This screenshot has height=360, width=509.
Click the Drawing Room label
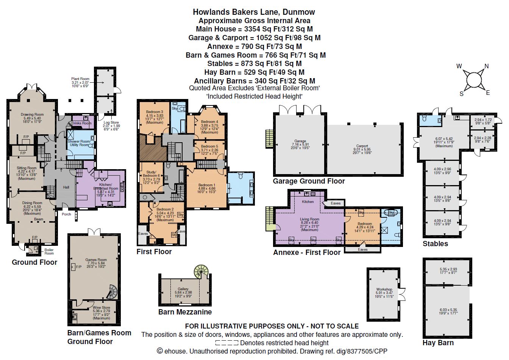[x=32, y=114]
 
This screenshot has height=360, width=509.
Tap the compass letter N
[x=487, y=66]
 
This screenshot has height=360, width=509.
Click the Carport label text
[x=362, y=146]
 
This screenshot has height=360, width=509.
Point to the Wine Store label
[x=101, y=308]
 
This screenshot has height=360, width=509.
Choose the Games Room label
[x=96, y=260]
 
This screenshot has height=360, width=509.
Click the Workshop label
[x=384, y=289]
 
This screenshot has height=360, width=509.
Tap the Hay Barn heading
[x=438, y=343]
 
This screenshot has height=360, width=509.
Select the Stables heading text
[x=435, y=244]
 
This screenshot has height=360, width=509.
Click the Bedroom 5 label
[x=209, y=146]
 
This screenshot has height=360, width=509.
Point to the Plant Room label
[x=80, y=79]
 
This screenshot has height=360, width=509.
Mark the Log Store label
[x=111, y=123]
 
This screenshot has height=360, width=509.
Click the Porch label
[x=66, y=214]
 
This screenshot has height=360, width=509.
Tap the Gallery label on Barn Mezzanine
[x=183, y=289]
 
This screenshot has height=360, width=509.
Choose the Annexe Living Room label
[x=309, y=219]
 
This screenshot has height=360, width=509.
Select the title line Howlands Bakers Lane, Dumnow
[x=254, y=12]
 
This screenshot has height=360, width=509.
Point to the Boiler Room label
[x=49, y=251]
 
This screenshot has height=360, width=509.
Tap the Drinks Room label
[x=81, y=123]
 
